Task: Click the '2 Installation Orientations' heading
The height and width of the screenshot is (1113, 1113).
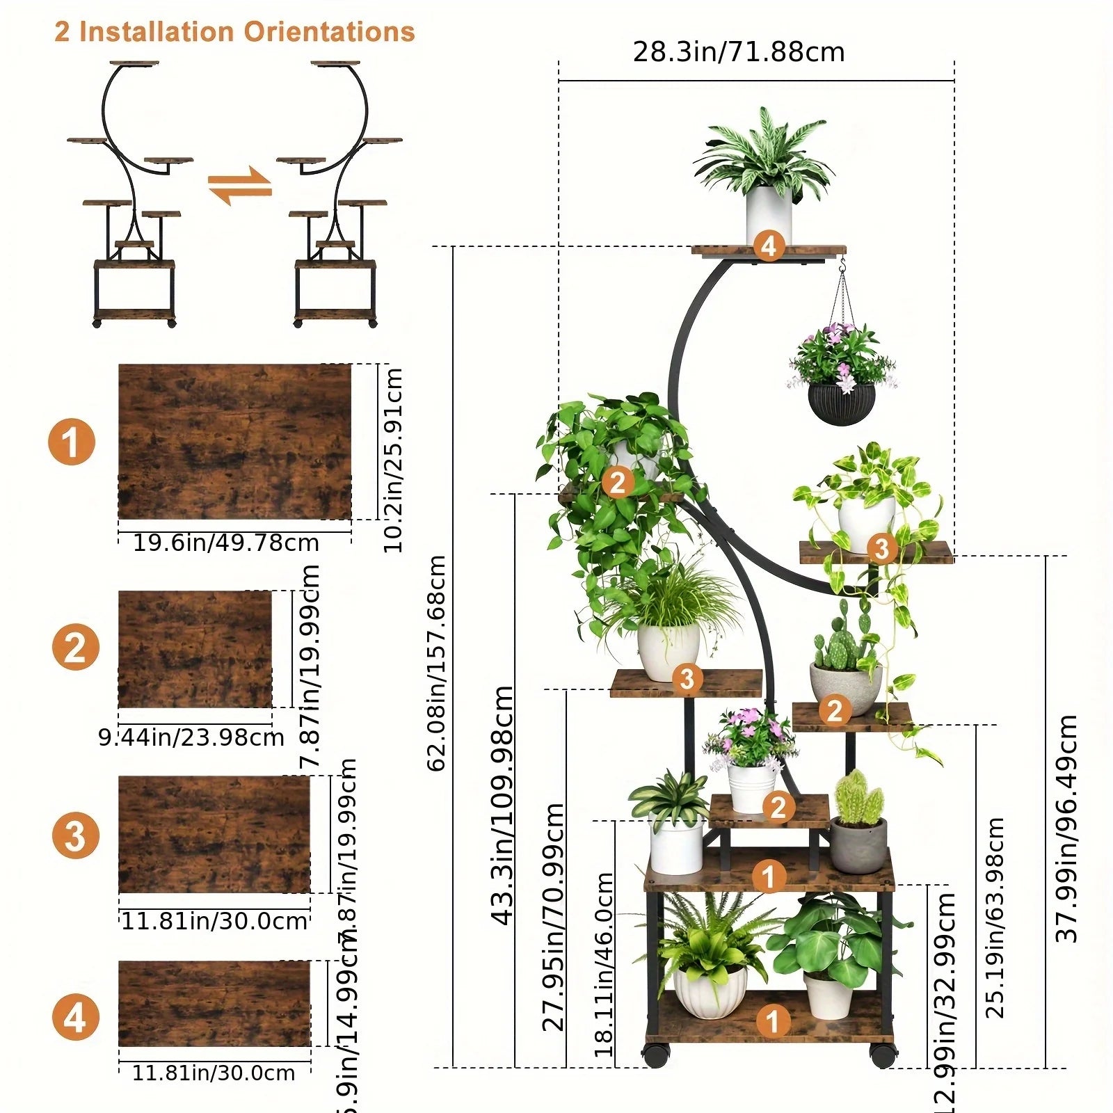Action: click(x=234, y=32)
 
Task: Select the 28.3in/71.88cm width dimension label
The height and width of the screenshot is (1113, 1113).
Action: click(x=738, y=52)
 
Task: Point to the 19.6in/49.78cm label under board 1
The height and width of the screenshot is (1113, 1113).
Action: click(x=226, y=543)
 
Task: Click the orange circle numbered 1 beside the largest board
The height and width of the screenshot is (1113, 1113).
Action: click(x=71, y=442)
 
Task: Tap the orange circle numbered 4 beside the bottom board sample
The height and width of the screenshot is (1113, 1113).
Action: click(x=75, y=1018)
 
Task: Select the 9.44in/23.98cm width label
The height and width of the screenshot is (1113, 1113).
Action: click(x=191, y=737)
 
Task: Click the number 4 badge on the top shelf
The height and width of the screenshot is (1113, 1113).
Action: click(x=769, y=246)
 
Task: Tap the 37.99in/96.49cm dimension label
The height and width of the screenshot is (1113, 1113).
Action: click(x=1066, y=828)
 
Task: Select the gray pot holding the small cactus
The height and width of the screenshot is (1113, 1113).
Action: click(x=858, y=844)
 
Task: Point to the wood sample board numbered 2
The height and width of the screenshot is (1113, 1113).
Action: click(x=195, y=649)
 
